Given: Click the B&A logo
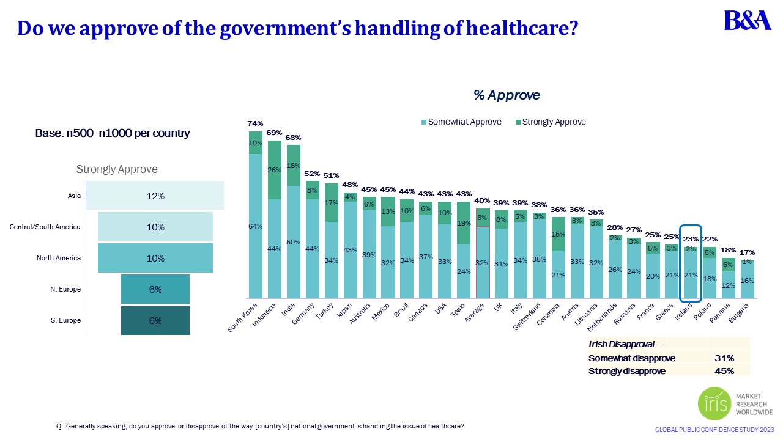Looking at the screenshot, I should click(748, 20).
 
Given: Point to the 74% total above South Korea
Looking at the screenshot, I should click(255, 123).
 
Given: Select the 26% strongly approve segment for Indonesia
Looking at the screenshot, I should click(274, 170).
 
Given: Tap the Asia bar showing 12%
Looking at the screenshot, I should click(155, 196).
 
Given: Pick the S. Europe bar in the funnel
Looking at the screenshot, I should click(155, 320).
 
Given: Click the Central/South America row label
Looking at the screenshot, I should click(45, 227).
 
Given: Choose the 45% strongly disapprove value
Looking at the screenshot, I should click(724, 370).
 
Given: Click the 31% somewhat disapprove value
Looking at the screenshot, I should click(724, 359).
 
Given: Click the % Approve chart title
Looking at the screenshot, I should click(507, 95).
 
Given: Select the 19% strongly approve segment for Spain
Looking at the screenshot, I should click(464, 223).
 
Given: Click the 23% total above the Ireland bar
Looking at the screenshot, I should click(690, 240).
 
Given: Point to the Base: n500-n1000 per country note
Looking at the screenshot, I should click(113, 133).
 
